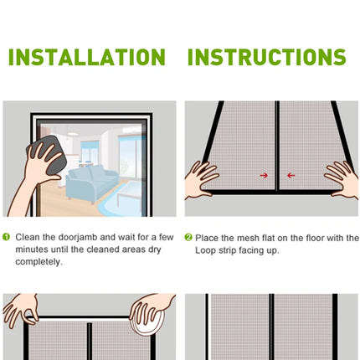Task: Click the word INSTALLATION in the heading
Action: (x=86, y=57)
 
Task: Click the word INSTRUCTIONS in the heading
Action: (x=266, y=57)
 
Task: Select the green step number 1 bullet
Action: (x=7, y=238)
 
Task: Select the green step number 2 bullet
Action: (x=188, y=238)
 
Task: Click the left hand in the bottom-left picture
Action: (x=20, y=311)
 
